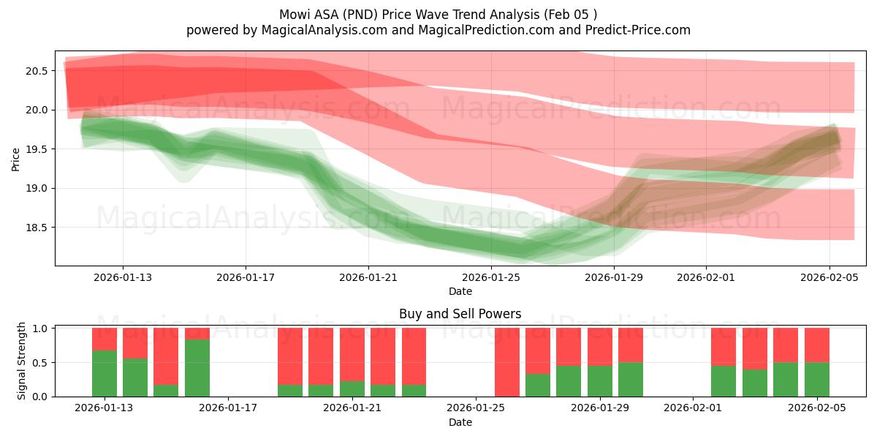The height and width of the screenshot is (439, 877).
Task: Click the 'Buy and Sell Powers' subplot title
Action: coord(460,314)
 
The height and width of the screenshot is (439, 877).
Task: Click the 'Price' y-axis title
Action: coord(16,158)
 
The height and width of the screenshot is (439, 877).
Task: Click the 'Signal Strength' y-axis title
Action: coord(22,360)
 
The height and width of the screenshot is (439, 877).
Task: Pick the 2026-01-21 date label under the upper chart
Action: coord(368,277)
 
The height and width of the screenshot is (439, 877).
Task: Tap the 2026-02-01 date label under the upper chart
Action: coord(706,277)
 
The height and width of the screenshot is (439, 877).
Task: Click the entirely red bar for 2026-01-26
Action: coord(506,362)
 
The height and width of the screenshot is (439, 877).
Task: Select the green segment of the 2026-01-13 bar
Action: coord(105,374)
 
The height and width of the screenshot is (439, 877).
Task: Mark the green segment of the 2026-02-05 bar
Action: coord(816,380)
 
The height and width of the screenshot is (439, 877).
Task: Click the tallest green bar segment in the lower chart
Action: coord(197,368)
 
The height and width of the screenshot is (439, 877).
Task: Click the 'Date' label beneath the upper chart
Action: coord(460,291)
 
